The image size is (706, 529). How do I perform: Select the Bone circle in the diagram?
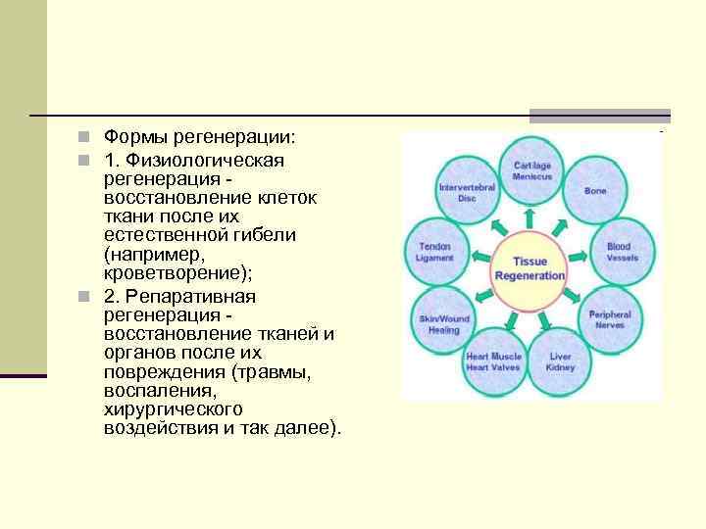click(x=595, y=191)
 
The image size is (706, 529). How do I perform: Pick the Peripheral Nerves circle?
click(x=609, y=319)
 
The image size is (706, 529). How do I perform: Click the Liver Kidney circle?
click(x=561, y=361)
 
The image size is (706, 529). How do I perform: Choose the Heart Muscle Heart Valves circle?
click(x=493, y=361)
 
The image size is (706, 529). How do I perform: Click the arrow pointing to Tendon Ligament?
click(x=480, y=257)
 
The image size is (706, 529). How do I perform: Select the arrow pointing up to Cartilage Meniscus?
click(x=531, y=217)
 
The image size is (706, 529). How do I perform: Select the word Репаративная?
click(x=174, y=296)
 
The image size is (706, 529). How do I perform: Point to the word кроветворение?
click(x=169, y=274)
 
